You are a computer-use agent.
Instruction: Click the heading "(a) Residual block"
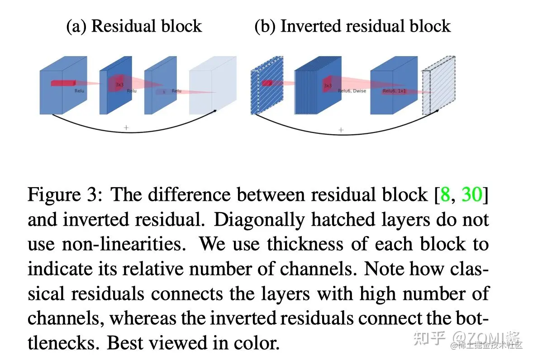134,26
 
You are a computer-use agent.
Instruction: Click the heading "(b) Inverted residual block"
352,26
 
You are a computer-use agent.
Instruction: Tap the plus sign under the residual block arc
126,128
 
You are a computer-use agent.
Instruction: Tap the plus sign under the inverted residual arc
341,130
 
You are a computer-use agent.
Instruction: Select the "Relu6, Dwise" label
352,91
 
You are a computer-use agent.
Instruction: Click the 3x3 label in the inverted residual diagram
328,85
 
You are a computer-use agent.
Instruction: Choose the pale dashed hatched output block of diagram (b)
437,90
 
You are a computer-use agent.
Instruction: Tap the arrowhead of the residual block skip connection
216,110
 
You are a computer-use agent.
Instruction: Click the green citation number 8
445,195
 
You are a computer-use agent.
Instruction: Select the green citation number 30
472,195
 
